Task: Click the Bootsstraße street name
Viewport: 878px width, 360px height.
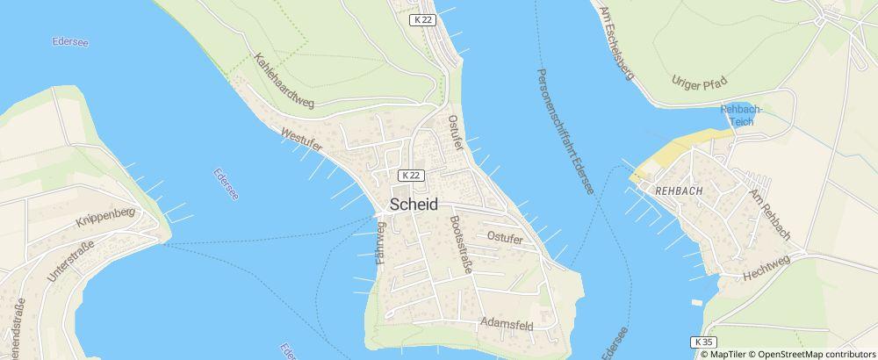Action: click(460, 245)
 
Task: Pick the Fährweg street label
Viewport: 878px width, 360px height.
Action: click(381, 243)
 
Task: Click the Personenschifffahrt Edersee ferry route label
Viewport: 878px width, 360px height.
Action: click(565, 131)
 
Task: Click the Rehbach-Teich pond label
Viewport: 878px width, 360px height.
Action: click(743, 114)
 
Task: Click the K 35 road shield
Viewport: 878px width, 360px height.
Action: click(701, 341)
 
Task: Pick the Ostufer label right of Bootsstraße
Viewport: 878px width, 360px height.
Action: click(505, 238)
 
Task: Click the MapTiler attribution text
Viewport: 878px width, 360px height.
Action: click(724, 353)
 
